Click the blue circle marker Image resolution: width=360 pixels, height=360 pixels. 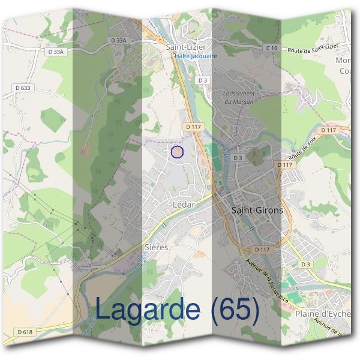coord(176,152)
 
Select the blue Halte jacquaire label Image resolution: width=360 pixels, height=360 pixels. coord(196,56)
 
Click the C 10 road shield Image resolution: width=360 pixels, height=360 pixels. coord(272,48)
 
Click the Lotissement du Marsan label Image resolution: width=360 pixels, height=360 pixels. coord(239,97)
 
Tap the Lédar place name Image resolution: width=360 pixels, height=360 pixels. coord(184,204)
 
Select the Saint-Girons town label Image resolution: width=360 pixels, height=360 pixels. coord(257,211)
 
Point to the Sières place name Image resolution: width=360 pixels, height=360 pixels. coord(157,247)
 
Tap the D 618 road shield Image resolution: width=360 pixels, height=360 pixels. coord(25,332)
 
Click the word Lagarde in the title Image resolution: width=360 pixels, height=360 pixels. coord(148,310)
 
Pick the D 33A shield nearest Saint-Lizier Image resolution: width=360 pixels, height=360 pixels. coord(120,40)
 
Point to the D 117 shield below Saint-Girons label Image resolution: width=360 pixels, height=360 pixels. coord(263,248)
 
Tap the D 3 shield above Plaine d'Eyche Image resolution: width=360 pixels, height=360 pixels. coord(307,264)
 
